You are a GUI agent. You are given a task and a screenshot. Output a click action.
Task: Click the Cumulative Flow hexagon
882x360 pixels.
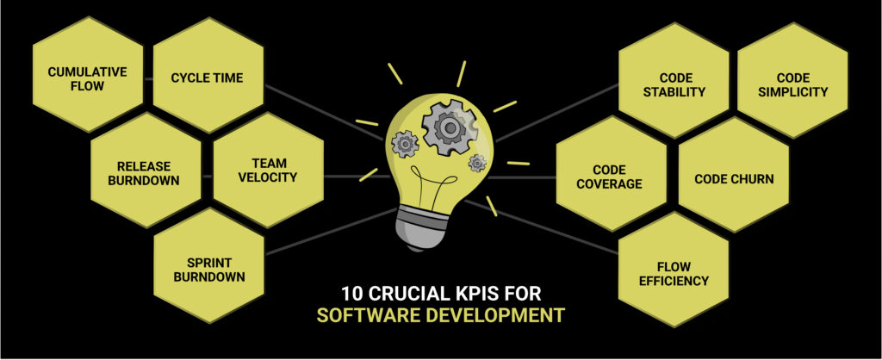point(87,78)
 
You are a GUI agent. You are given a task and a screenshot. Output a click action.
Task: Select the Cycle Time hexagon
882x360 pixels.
point(207,78)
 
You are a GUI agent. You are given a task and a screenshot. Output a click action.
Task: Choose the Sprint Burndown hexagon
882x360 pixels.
point(208,270)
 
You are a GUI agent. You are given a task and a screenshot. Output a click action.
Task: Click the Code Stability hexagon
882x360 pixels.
point(674,84)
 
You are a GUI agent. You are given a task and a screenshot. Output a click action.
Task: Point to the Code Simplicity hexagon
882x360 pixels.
point(795,84)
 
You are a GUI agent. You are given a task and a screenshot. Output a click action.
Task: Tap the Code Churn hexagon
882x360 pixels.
point(734,179)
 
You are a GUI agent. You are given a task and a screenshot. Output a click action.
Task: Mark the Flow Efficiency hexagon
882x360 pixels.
point(674,273)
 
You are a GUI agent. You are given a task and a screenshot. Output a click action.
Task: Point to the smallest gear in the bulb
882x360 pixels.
point(477,163)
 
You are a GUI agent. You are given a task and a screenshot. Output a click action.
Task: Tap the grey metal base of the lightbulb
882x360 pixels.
point(426,229)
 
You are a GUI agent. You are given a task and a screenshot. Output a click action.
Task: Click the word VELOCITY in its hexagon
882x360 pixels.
point(267,177)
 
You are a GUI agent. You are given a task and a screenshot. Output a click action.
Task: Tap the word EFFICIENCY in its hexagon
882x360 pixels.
point(674,281)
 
